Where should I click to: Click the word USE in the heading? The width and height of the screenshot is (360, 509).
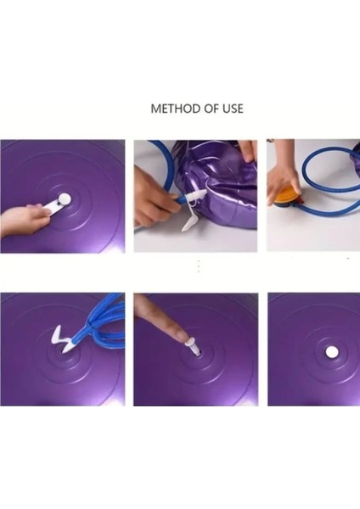point(233,109)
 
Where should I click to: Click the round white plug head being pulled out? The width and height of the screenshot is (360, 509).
point(65,198)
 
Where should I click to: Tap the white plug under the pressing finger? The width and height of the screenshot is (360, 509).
point(193,346)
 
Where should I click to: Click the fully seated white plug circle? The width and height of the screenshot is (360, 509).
point(331,351)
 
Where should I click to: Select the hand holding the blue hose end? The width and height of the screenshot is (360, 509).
point(153,198)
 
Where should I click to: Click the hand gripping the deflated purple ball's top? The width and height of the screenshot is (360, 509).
point(249,150)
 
